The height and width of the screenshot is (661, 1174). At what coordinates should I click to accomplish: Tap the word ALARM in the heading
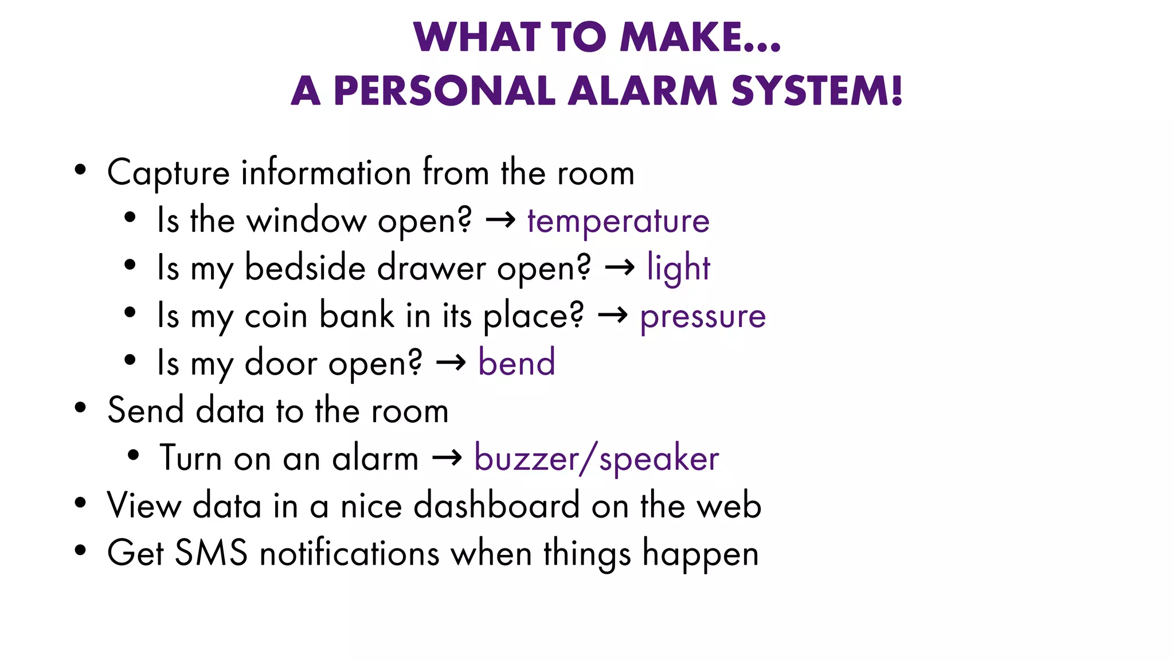click(643, 91)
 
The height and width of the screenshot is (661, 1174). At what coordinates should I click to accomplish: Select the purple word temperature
click(619, 221)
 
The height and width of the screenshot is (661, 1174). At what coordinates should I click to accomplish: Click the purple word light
click(678, 268)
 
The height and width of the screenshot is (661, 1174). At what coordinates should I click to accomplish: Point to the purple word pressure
click(703, 316)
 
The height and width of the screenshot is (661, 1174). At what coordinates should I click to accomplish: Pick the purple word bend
click(516, 363)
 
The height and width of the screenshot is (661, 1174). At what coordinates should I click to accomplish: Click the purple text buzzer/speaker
click(596, 458)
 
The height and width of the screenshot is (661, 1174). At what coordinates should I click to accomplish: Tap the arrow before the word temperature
click(500, 220)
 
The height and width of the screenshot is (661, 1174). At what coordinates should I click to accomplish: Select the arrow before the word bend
click(451, 362)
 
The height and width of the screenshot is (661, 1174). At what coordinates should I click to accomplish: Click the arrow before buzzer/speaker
click(447, 457)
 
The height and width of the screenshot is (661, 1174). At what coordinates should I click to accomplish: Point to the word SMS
click(211, 553)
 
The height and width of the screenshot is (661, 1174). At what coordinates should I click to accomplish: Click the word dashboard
click(496, 506)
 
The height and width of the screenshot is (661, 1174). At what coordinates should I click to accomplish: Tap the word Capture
click(169, 173)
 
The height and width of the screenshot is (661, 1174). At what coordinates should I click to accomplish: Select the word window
click(306, 221)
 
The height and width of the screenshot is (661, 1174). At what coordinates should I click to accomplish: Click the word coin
click(276, 316)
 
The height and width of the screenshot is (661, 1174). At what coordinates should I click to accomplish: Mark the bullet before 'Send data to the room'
click(80, 409)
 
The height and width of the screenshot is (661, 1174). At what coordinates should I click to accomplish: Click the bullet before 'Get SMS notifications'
click(80, 551)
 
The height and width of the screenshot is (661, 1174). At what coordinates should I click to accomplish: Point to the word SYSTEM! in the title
click(817, 91)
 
